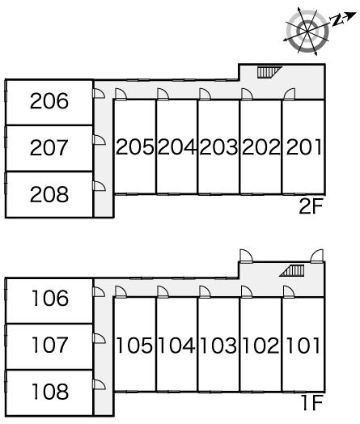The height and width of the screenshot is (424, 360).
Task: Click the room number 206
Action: [x=49, y=101]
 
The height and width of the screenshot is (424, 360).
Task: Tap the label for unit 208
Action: [x=49, y=194]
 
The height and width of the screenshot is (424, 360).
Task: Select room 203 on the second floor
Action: [x=218, y=146]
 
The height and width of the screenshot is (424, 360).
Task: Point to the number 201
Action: [x=304, y=146]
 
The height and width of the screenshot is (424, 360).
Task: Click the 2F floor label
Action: [x=311, y=206]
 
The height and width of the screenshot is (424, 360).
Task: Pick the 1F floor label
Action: [x=312, y=403]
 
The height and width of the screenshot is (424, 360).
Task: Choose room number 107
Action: [x=49, y=345]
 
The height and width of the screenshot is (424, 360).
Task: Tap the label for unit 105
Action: [x=134, y=345]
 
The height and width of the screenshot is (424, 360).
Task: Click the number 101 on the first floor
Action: [x=303, y=345]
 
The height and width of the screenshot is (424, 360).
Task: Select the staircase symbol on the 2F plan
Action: [x=269, y=72]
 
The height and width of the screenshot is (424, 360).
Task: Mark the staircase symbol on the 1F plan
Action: [x=292, y=271]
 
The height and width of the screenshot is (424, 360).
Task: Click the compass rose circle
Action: [x=307, y=32]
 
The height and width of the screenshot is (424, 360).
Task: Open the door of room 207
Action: [x=99, y=140]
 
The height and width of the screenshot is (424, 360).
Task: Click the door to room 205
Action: [x=121, y=94]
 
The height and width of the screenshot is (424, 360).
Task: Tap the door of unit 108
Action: [x=99, y=384]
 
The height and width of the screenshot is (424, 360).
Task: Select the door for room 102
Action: [x=247, y=292]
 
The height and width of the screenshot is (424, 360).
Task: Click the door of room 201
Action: [x=289, y=94]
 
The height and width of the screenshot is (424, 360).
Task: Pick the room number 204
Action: [x=176, y=146]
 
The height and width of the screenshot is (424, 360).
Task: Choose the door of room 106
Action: [x=99, y=292]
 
